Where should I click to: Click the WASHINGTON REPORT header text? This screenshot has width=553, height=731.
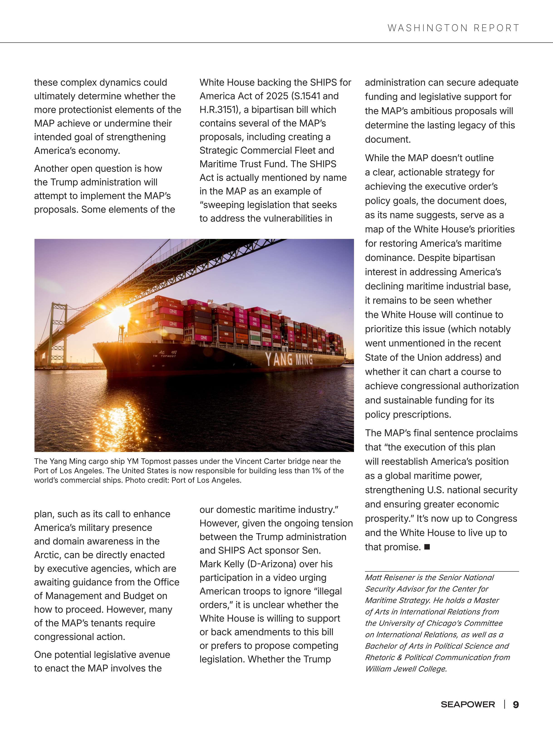[453, 28]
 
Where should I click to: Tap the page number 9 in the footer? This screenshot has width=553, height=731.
[516, 704]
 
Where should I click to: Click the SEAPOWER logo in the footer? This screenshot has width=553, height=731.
[468, 704]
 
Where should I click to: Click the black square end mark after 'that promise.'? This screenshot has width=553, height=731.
[427, 547]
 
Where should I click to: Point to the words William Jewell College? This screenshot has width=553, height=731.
[406, 669]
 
